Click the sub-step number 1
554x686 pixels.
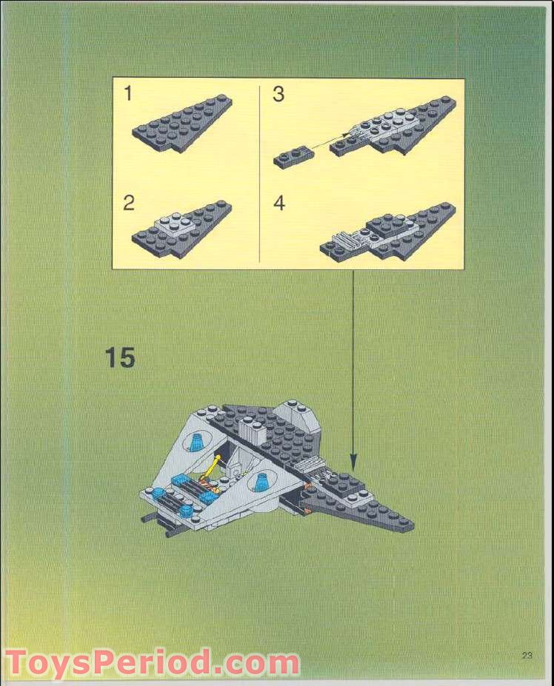[x=128, y=94]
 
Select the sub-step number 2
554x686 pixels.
[x=129, y=204]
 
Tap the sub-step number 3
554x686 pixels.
[x=278, y=95]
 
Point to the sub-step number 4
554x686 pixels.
[x=279, y=204]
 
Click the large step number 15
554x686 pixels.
[x=119, y=357]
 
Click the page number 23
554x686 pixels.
[x=527, y=654]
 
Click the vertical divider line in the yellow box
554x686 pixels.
[x=258, y=174]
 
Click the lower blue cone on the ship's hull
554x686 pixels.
[x=261, y=482]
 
